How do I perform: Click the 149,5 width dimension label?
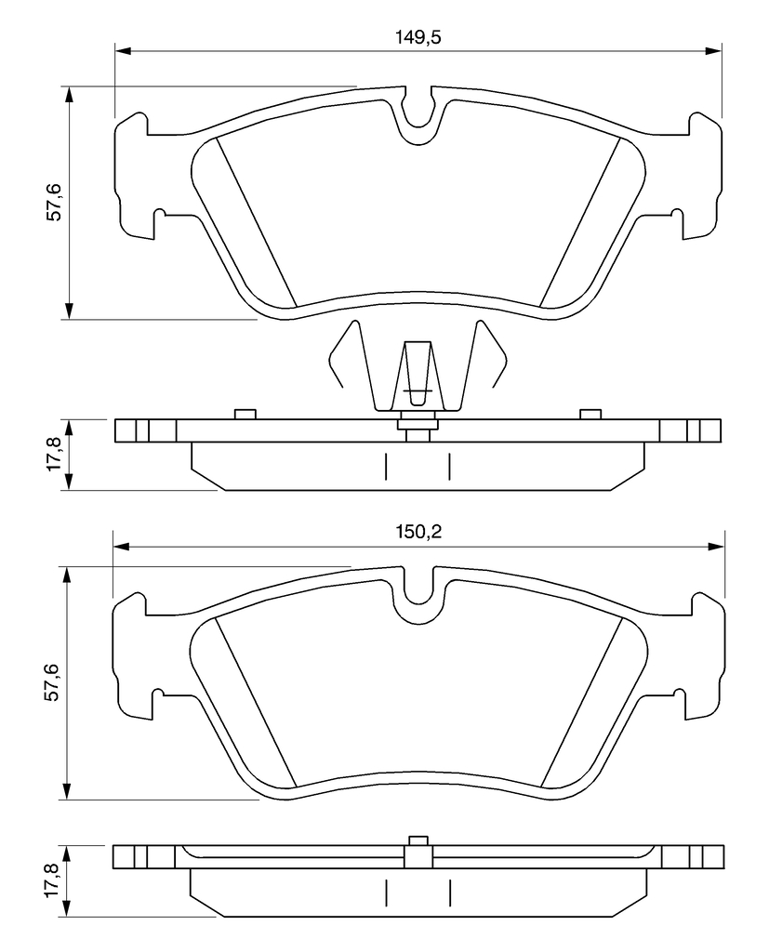(x=418, y=37)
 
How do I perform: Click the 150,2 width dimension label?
(x=418, y=533)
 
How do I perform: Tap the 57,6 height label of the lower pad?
(x=52, y=682)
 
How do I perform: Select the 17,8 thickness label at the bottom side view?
(x=52, y=881)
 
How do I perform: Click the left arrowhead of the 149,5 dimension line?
(x=122, y=51)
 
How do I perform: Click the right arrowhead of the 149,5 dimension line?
(x=714, y=51)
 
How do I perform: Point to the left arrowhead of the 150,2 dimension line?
(x=121, y=547)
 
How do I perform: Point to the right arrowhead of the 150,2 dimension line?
(x=717, y=547)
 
